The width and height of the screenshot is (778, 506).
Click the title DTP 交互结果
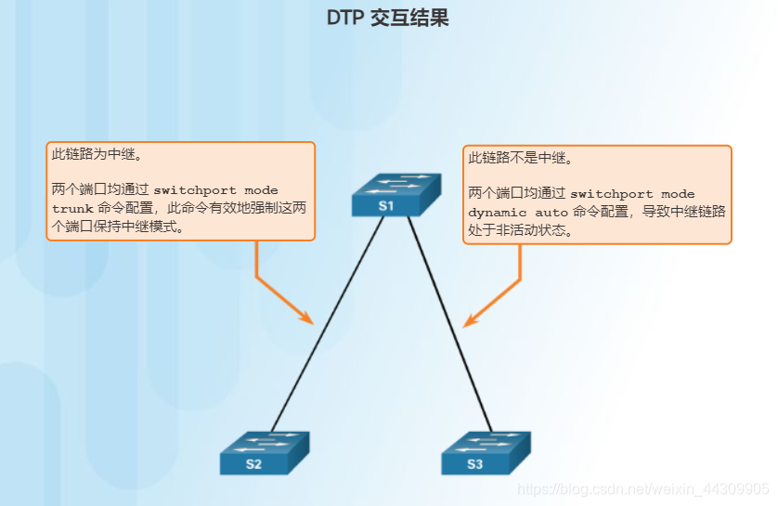pos(388,18)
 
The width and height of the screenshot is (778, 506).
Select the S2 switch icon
pos(264,454)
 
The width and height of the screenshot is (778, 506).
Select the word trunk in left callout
pos(72,209)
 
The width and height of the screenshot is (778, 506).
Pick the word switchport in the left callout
pos(195,190)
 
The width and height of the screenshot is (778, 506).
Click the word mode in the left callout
pos(261,190)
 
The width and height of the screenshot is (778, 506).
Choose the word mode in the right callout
pos(678,194)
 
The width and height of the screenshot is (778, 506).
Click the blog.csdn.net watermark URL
pos(642,488)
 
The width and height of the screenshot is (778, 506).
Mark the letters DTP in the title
pos(344,18)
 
